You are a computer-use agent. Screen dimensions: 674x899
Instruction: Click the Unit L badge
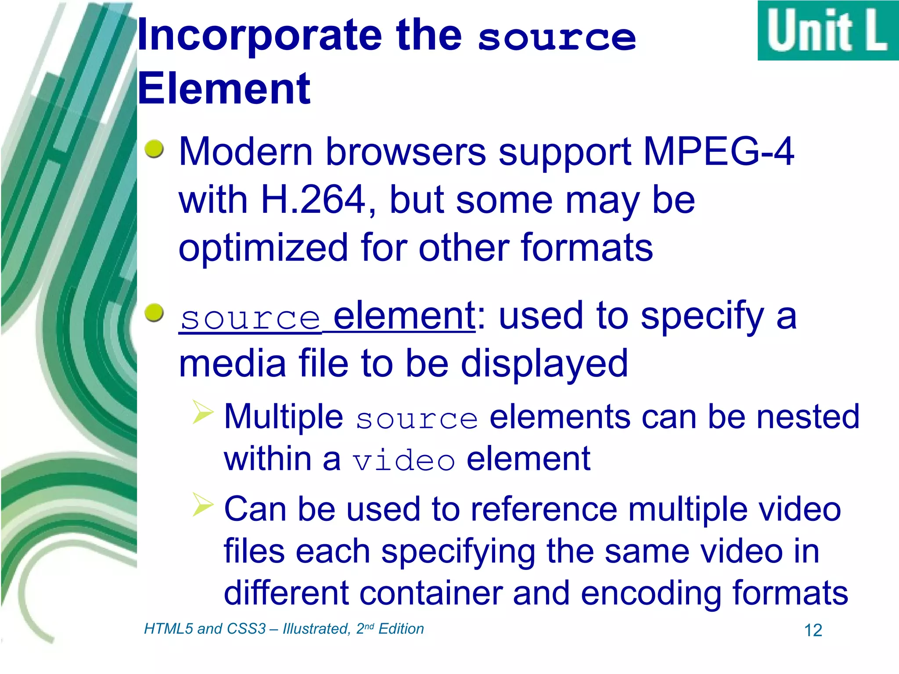coord(828,31)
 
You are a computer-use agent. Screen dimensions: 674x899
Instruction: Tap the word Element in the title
coord(224,89)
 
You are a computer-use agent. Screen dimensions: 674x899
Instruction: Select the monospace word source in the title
coord(557,39)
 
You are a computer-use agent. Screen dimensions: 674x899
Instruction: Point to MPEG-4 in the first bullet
coord(719,151)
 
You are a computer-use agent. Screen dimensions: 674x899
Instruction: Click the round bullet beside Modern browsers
coord(154,149)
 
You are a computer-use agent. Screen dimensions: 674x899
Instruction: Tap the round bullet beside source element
coord(154,313)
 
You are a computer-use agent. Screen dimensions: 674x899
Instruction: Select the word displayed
coord(544,364)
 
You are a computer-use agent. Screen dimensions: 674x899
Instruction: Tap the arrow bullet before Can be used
coord(203,504)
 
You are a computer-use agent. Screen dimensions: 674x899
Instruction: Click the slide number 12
coord(813,631)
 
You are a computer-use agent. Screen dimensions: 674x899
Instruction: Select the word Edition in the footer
coord(401,629)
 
